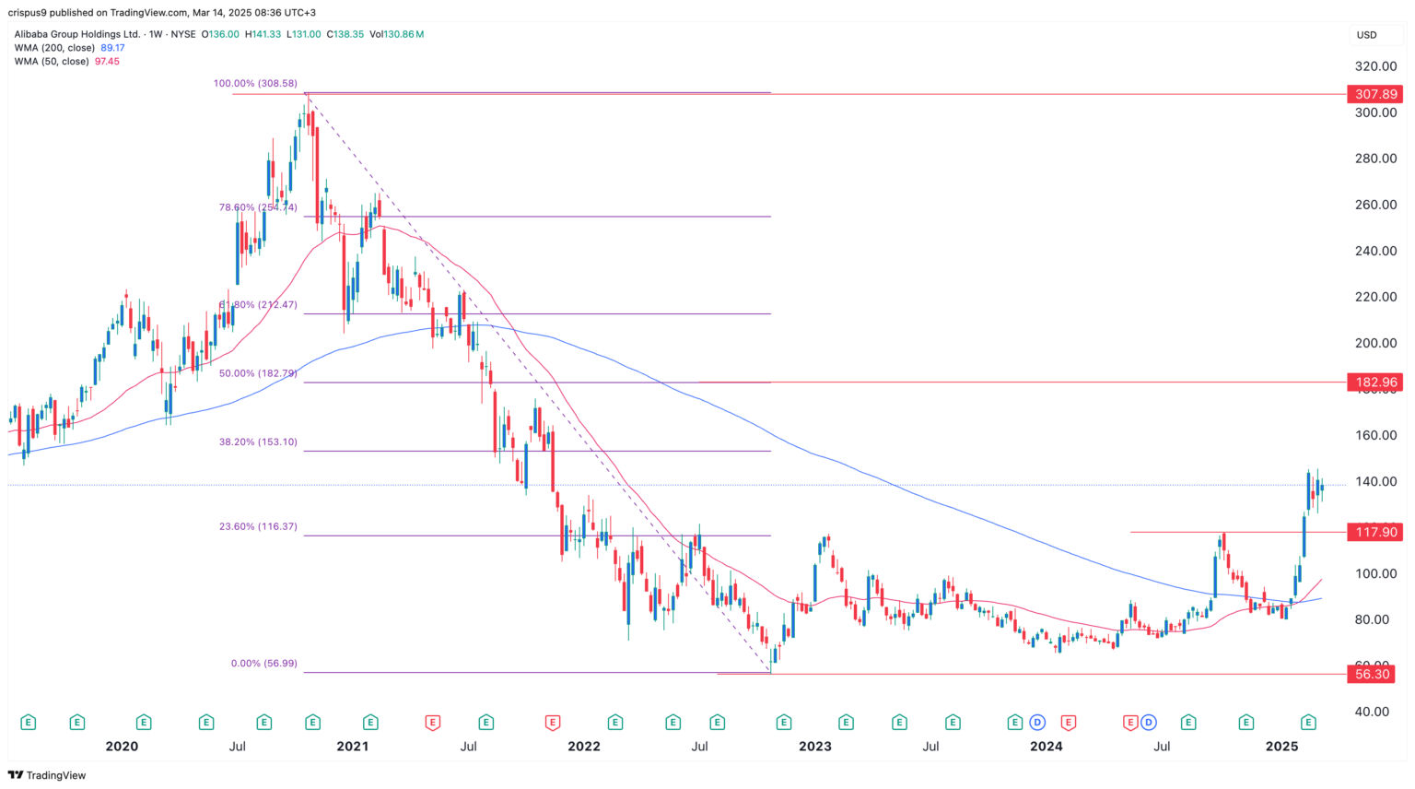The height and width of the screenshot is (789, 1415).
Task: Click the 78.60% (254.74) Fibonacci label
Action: pyautogui.click(x=258, y=207)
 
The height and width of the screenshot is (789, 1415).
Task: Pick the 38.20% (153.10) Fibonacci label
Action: pyautogui.click(x=258, y=442)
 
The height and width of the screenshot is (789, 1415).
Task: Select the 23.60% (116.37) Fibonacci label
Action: pyautogui.click(x=258, y=526)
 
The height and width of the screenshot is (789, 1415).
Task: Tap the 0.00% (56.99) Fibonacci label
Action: pyautogui.click(x=263, y=663)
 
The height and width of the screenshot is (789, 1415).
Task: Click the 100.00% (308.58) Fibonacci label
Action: pyautogui.click(x=255, y=83)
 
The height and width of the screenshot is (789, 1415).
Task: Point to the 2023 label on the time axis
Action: pyautogui.click(x=815, y=746)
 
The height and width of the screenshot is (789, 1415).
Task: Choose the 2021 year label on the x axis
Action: pyautogui.click(x=353, y=746)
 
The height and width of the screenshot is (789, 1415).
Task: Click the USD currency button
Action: pyautogui.click(x=1366, y=35)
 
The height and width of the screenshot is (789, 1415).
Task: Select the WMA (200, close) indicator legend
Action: pyautogui.click(x=54, y=48)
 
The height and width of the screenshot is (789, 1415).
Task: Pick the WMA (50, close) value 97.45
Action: pyautogui.click(x=107, y=62)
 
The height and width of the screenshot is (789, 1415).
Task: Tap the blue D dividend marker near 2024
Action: pyautogui.click(x=1038, y=723)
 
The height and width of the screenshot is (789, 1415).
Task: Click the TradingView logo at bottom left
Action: pyautogui.click(x=47, y=775)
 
